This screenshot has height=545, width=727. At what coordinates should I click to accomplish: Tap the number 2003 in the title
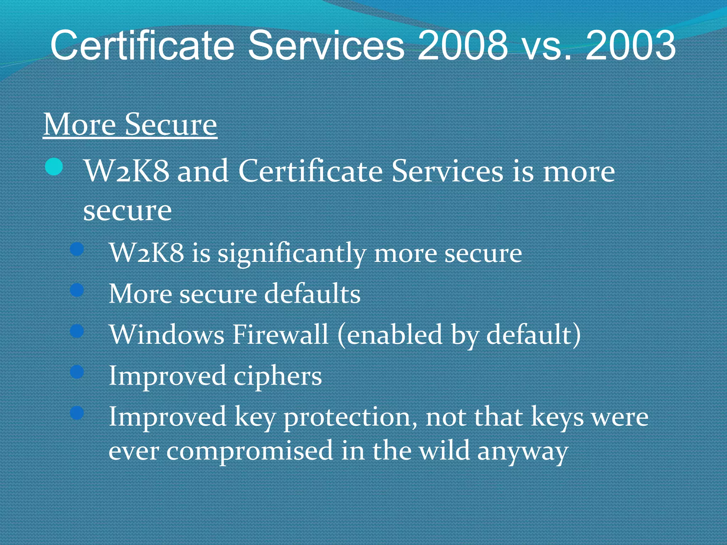click(630, 45)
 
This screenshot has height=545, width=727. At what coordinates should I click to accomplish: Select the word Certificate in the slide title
click(142, 45)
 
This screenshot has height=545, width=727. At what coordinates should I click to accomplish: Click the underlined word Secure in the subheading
click(171, 125)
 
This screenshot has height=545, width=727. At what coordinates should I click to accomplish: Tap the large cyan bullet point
click(54, 167)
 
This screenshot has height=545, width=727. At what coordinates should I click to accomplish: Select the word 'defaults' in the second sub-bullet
click(312, 294)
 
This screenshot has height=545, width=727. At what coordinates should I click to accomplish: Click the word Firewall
click(280, 334)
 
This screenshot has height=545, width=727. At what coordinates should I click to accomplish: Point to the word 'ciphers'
click(278, 376)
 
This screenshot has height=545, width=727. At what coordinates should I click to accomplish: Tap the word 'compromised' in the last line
click(250, 451)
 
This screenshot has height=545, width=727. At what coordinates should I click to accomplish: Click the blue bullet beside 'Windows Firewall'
click(77, 331)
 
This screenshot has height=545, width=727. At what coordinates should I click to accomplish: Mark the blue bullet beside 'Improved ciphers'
click(77, 372)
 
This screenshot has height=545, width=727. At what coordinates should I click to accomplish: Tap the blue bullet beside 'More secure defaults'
click(77, 291)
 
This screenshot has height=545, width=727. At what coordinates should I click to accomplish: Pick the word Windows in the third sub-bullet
click(167, 334)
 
